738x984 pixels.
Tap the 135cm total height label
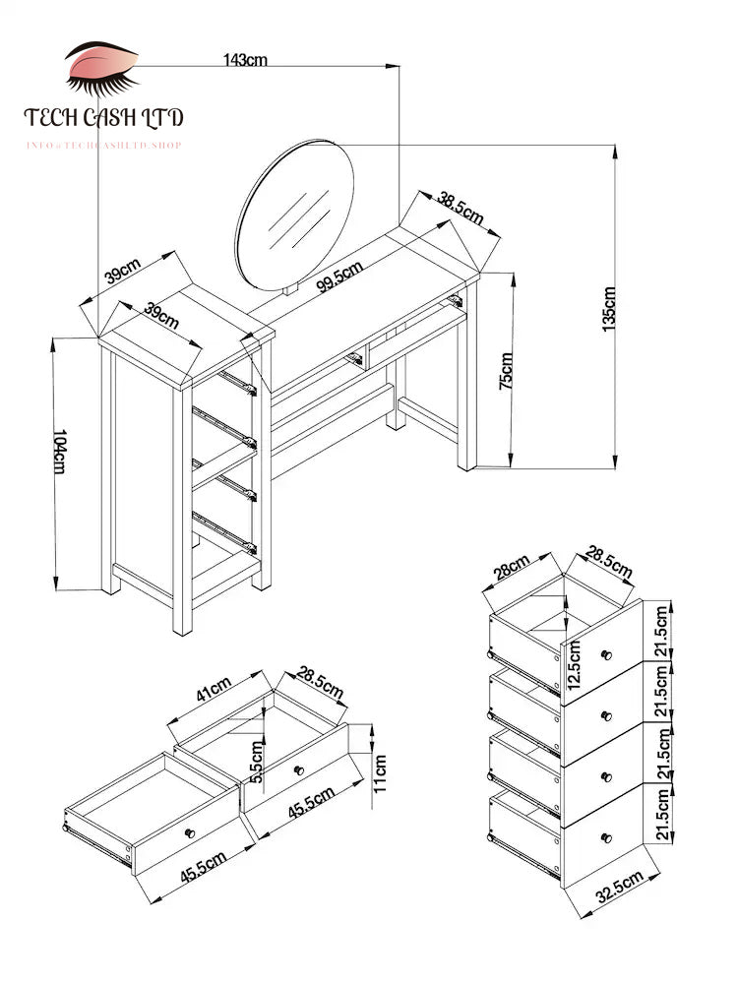point(609,307)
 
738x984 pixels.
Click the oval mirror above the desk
point(295,212)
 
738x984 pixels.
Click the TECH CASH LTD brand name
point(103,119)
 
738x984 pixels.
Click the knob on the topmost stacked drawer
point(606,655)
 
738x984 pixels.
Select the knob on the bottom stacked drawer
point(606,837)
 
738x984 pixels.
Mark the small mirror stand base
point(289,289)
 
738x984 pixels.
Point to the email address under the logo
point(103,146)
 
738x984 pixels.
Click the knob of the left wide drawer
point(190,833)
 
